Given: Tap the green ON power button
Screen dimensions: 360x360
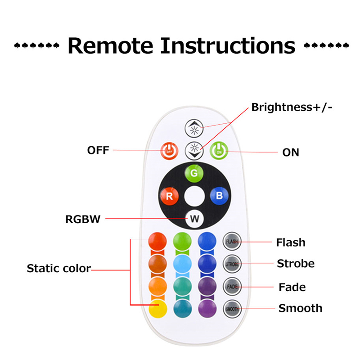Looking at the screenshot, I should point(219,150).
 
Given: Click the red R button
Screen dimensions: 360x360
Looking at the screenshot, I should point(169,196).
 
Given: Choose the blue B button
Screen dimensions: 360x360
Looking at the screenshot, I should point(219,196).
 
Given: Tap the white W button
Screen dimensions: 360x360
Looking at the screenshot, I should point(194,219).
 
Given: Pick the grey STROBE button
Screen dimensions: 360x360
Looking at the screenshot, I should point(232,264).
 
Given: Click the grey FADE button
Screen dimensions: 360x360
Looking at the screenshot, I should point(232,286).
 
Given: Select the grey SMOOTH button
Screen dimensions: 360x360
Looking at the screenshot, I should point(232,308).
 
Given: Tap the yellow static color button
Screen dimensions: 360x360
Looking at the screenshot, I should point(157,308).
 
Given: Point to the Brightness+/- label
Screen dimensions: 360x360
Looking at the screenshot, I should point(292,108).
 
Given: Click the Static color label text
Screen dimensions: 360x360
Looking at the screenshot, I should point(59,269).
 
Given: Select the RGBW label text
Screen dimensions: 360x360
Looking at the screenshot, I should point(83,220).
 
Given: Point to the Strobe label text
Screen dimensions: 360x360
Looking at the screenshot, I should point(296,263).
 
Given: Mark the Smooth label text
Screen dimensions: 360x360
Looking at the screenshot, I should point(300,308).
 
